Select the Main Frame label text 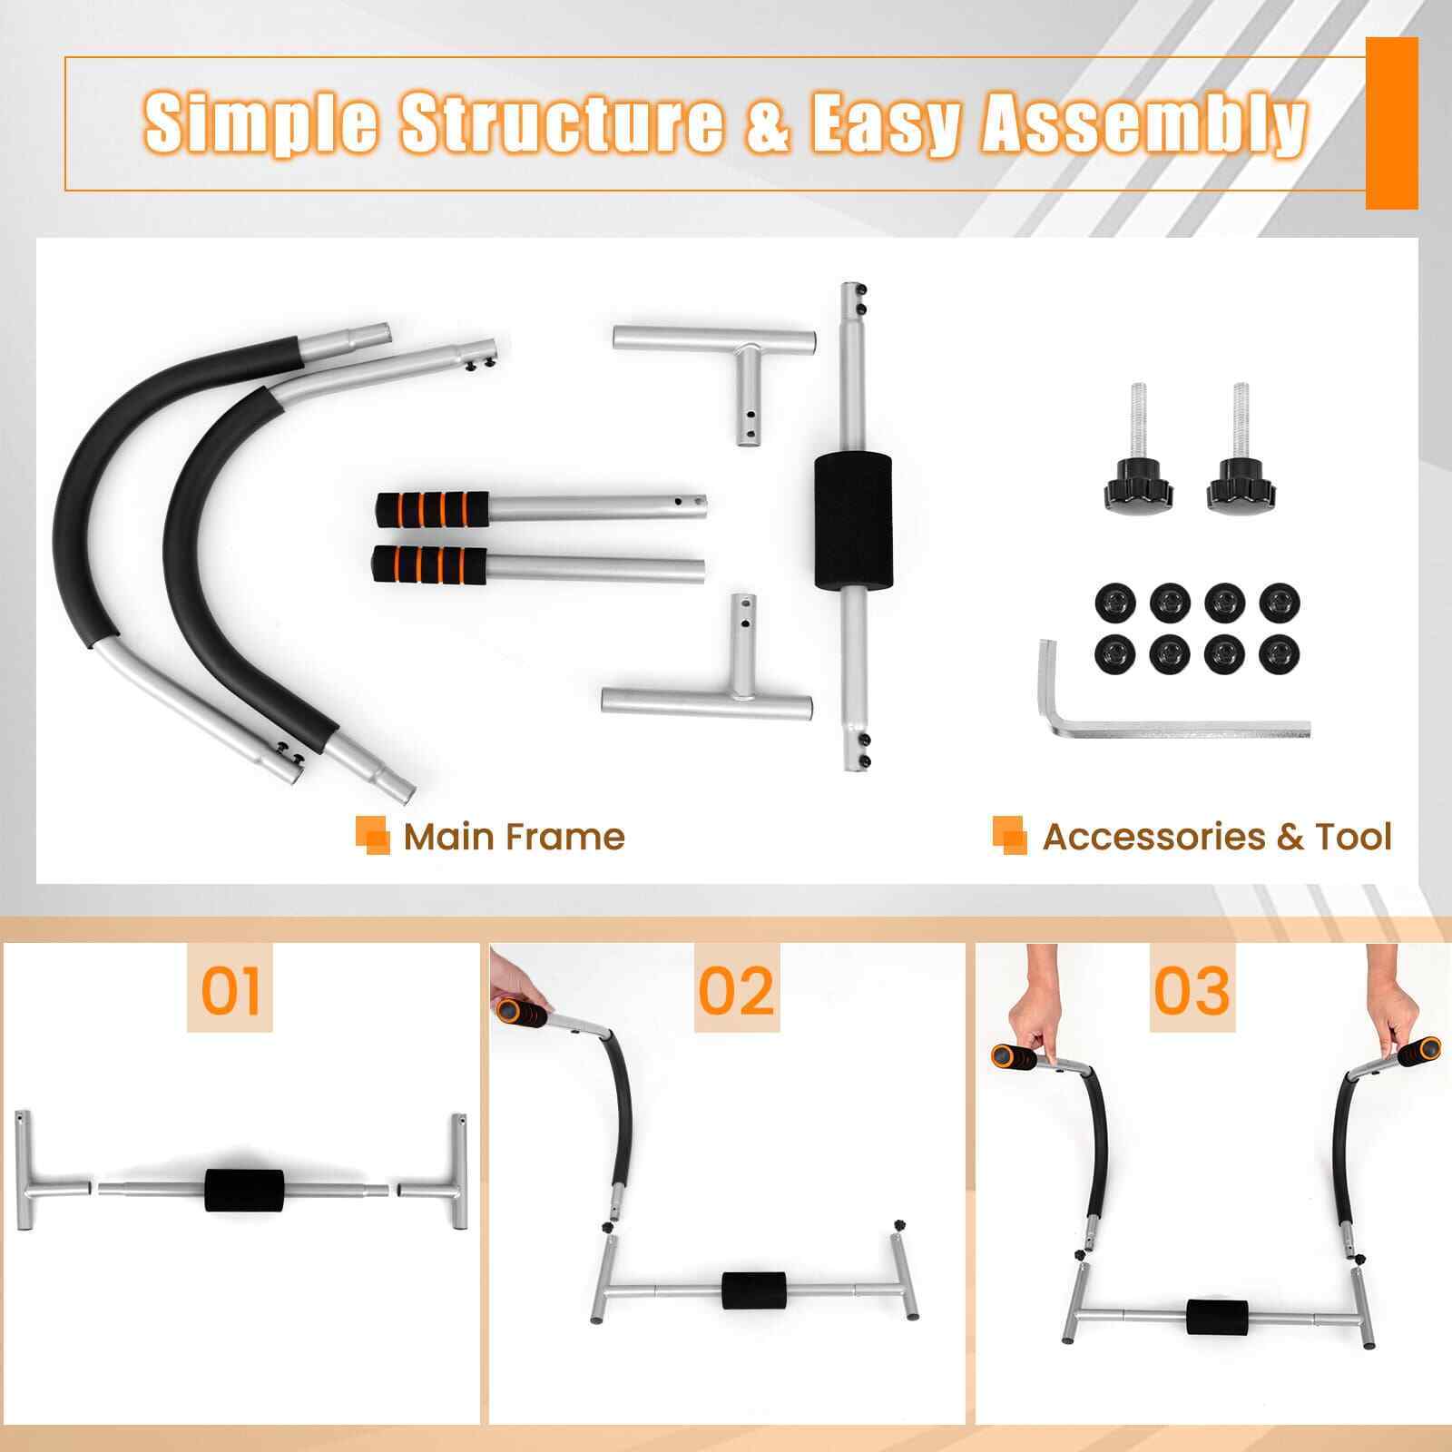(515, 836)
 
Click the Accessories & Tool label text (1217, 836)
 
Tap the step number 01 (231, 989)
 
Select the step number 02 (737, 989)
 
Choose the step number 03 (1192, 989)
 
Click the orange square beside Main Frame (372, 835)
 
